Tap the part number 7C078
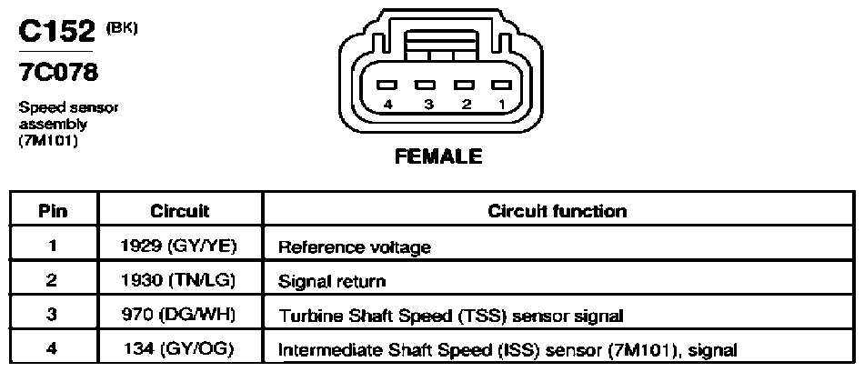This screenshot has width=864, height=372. point(58,71)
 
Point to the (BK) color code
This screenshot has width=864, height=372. point(121,28)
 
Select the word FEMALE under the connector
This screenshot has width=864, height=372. point(438,156)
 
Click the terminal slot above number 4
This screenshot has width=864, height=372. point(388,85)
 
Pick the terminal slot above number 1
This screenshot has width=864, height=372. point(502,85)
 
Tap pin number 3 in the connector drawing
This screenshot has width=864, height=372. point(428,105)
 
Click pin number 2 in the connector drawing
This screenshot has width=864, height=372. point(466,105)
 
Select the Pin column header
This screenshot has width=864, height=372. point(54,212)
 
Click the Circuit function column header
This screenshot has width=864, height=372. point(558,212)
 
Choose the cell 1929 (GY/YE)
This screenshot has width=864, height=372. point(178,246)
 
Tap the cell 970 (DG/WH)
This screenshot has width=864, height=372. point(178,315)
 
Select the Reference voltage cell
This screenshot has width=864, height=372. point(355,247)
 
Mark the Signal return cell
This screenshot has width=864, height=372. point(332,282)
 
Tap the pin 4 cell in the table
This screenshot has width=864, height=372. point(53,349)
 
